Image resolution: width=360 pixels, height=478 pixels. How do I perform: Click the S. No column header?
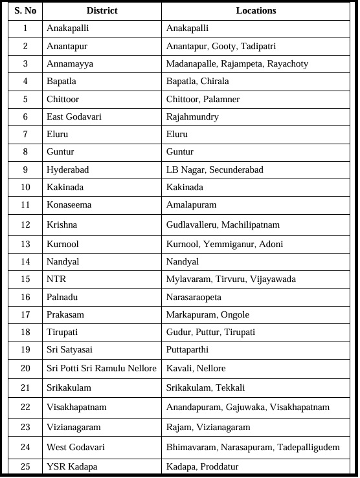pyautogui.click(x=25, y=11)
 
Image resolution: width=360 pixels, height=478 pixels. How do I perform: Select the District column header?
pyautogui.click(x=102, y=11)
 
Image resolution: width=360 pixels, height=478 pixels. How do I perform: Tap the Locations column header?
pyautogui.click(x=256, y=11)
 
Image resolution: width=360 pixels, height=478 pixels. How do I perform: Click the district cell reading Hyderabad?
pyautogui.click(x=68, y=169)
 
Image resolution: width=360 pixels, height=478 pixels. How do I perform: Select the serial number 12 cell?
pyautogui.click(x=25, y=224)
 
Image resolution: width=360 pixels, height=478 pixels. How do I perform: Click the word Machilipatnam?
pyautogui.click(x=251, y=224)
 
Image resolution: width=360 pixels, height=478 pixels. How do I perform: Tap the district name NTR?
pyautogui.click(x=56, y=279)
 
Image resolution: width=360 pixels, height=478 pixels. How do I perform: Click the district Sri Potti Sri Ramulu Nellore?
pyautogui.click(x=102, y=368)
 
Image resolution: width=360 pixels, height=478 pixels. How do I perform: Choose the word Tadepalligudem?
pyautogui.click(x=308, y=447)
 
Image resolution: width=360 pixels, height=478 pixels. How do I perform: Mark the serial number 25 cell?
pyautogui.click(x=25, y=466)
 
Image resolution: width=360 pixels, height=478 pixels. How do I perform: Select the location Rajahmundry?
pyautogui.click(x=192, y=117)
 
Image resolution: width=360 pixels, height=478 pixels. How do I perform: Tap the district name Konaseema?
pyautogui.click(x=69, y=204)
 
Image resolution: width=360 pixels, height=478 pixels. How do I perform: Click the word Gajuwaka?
pyautogui.click(x=245, y=407)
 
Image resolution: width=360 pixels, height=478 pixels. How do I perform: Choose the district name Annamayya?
pyautogui.click(x=70, y=64)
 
